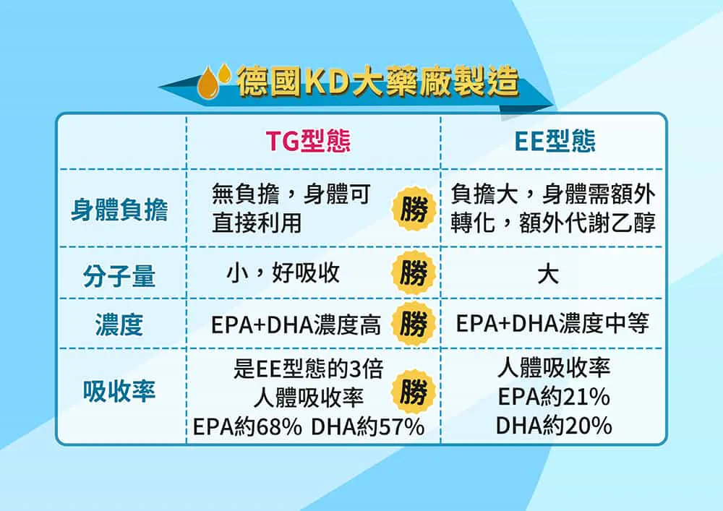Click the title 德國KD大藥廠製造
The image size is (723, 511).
(378, 82)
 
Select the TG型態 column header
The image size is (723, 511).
(308, 140)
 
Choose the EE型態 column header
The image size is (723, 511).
(555, 140)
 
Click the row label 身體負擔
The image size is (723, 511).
(119, 210)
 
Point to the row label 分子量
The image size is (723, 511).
(119, 276)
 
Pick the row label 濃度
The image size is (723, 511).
(119, 325)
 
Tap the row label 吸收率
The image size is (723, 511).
(119, 391)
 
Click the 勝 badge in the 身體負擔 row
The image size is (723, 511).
(414, 210)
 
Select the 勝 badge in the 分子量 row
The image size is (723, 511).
(414, 272)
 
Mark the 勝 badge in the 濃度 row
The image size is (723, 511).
(414, 324)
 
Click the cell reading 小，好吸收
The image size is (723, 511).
(283, 273)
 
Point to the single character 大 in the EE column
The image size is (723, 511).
(548, 274)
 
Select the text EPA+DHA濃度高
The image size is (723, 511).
(296, 325)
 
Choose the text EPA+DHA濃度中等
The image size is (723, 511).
(552, 323)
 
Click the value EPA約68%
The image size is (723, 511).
(247, 426)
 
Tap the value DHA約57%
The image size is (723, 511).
(367, 426)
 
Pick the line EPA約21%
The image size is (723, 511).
(554, 397)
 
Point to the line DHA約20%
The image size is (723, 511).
(554, 425)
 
